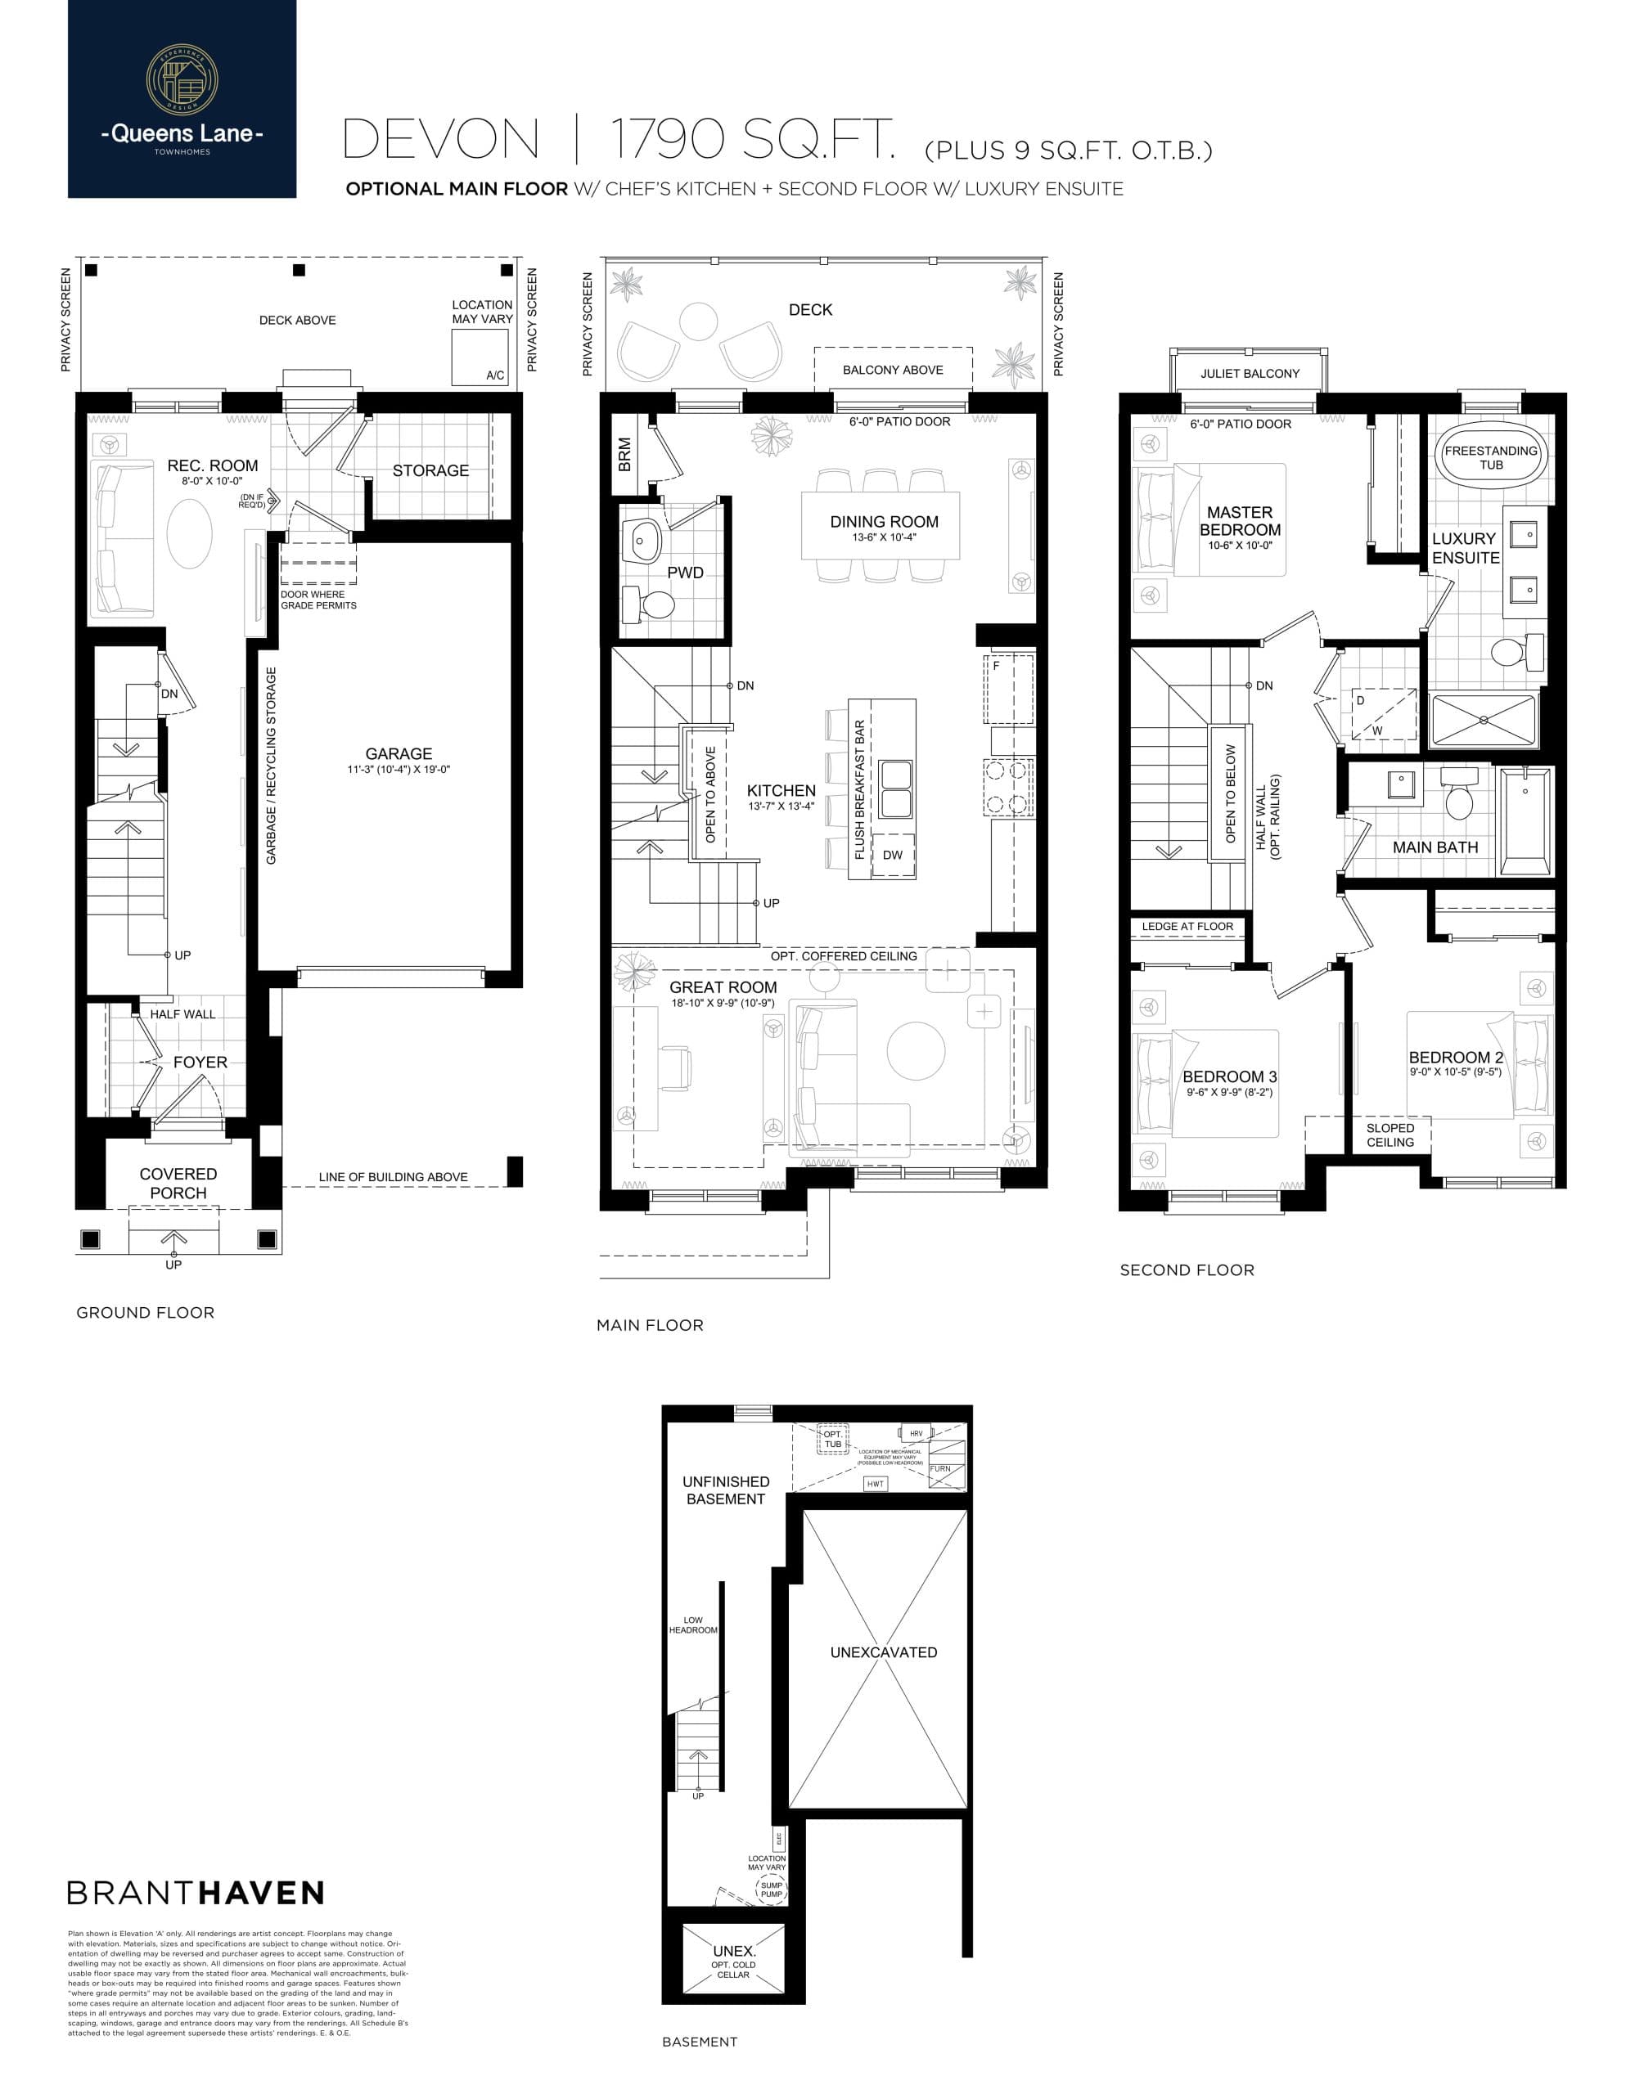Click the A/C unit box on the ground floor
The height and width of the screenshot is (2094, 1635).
(480, 357)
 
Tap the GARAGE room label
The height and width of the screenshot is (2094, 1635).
(398, 753)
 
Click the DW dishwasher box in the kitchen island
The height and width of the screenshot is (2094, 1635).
(892, 856)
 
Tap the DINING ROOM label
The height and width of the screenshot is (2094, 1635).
(883, 522)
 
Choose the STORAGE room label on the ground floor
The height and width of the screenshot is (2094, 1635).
(430, 471)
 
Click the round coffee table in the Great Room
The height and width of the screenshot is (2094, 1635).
(916, 1051)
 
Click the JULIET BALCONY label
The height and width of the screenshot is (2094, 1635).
(1250, 373)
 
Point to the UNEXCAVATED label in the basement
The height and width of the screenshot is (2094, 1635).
(883, 1652)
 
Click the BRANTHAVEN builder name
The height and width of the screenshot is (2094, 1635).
(196, 1893)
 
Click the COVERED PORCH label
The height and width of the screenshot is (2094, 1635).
(178, 1183)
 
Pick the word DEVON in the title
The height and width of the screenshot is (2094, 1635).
(441, 140)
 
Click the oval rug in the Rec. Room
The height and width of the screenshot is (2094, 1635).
(189, 533)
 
